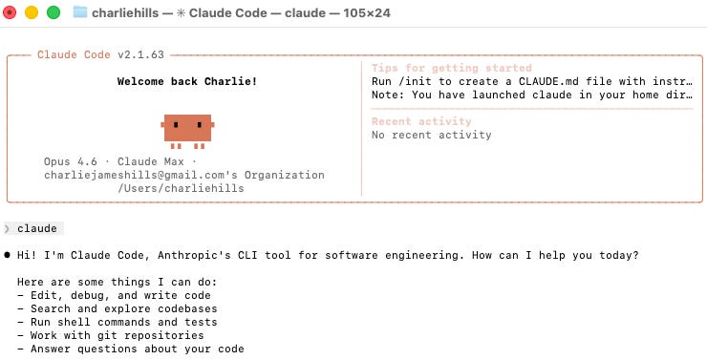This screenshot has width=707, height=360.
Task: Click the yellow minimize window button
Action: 32,12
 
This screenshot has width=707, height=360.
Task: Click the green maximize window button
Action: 53,12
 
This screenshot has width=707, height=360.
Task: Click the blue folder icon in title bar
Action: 80,12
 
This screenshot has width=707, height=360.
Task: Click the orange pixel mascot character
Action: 186,128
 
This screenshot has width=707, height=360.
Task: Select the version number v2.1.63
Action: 140,54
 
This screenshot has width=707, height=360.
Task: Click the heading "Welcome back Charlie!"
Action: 186,81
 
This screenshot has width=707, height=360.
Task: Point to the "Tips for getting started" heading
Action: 452,69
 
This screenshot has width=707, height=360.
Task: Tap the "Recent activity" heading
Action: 421,121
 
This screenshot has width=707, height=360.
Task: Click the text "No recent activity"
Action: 431,135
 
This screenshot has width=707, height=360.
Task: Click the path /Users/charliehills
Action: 181,188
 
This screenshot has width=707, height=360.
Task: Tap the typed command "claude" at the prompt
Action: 37,228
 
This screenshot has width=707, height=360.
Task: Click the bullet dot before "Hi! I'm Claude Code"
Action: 7,255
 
